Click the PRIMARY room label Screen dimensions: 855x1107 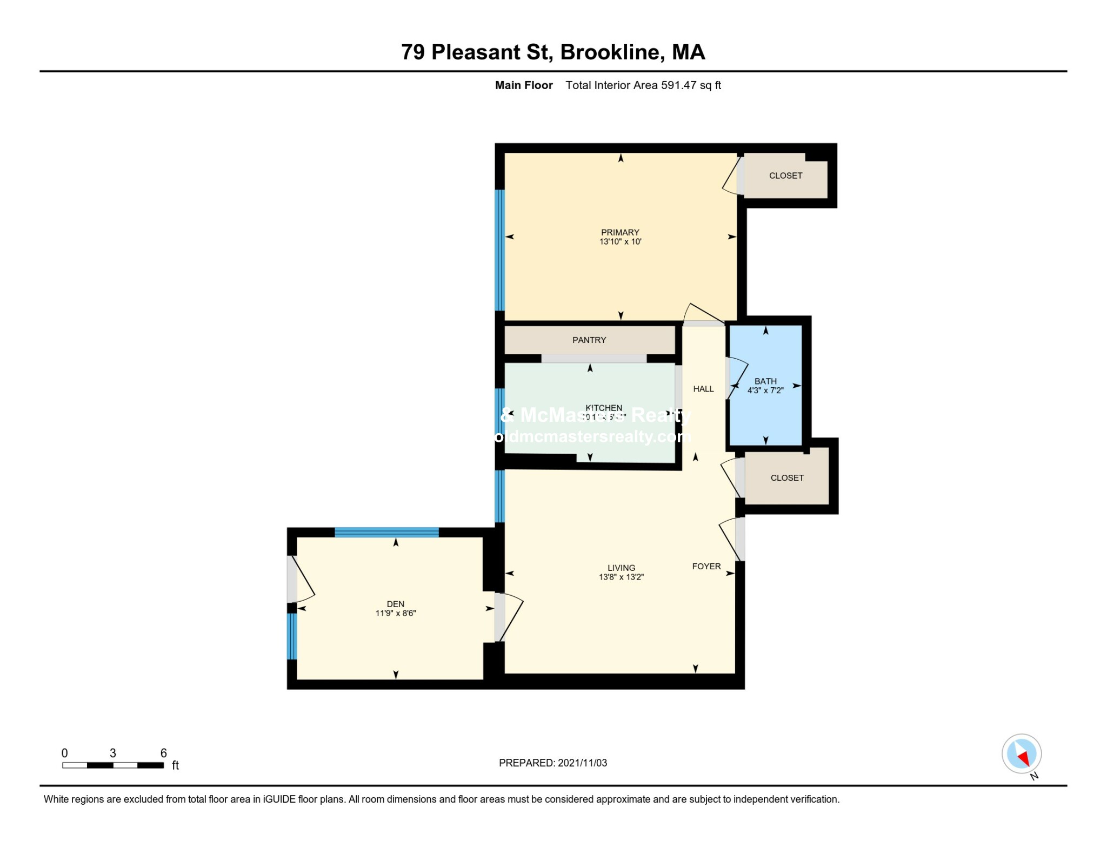[620, 232]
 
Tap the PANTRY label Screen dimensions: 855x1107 [589, 340]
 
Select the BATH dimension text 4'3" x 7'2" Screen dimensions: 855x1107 [765, 391]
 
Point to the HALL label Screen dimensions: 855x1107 [703, 389]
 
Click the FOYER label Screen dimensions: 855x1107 [706, 566]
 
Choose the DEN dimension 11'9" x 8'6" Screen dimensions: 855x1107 [395, 613]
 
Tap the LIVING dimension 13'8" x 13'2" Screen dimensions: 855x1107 [621, 577]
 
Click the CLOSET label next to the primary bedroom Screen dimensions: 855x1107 [785, 176]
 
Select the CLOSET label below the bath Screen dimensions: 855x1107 [787, 478]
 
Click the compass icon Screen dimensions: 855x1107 [1021, 753]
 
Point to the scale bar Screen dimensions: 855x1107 [113, 765]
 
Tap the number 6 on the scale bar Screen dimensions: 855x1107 [163, 753]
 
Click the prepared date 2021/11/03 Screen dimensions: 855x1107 [582, 763]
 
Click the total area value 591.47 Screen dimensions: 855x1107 [678, 85]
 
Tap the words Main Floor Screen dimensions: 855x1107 [523, 85]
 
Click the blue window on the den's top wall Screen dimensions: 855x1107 [386, 533]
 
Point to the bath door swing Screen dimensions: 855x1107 [736, 378]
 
